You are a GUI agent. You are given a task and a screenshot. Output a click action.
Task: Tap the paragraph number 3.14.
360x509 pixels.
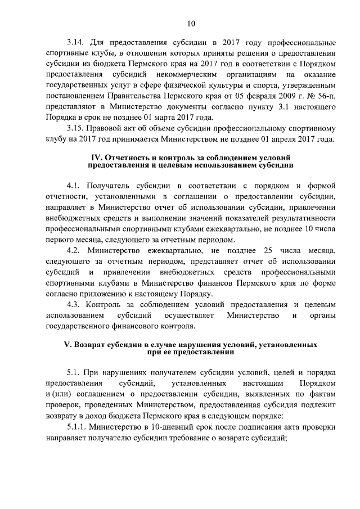(75, 43)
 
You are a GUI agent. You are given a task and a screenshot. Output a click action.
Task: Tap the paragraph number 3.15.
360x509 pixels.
(75, 128)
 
